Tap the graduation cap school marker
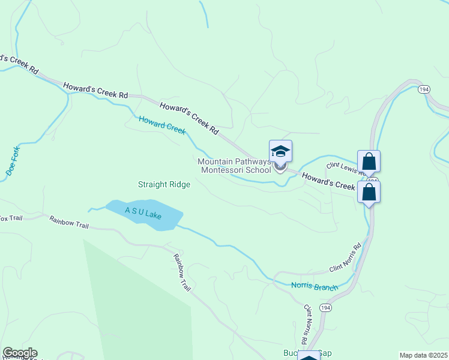point(280,151)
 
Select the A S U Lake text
point(143,212)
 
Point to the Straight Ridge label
point(164,185)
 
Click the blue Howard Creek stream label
point(162,125)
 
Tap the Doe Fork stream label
point(13,160)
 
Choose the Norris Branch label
point(315,287)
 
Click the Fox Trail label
point(10,217)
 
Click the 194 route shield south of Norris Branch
point(325,308)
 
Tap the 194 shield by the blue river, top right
point(424,89)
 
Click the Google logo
point(20,353)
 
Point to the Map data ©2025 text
point(423,355)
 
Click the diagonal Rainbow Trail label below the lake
point(182,272)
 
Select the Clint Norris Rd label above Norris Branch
point(345,259)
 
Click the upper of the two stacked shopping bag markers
point(369,161)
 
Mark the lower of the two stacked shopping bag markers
point(369,192)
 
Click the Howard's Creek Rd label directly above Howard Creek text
point(189,117)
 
